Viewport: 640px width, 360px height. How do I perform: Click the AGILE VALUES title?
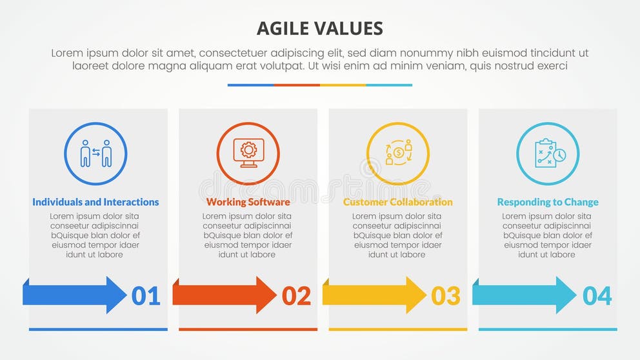(x=319, y=28)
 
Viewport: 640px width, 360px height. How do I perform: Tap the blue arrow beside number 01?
(x=74, y=295)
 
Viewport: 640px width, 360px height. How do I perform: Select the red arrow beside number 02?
(x=224, y=295)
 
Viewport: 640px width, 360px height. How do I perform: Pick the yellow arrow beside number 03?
(x=374, y=295)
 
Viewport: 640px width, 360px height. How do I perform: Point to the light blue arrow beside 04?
(x=524, y=295)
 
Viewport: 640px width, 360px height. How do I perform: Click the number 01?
(x=146, y=296)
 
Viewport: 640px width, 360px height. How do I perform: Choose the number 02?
(x=296, y=296)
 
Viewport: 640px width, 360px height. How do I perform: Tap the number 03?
(x=446, y=296)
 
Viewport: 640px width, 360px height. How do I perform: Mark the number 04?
(x=597, y=296)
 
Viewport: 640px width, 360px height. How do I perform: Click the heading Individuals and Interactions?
(x=95, y=202)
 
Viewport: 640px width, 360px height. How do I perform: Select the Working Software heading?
(x=248, y=202)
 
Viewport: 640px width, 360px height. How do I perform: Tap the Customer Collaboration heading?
(x=397, y=202)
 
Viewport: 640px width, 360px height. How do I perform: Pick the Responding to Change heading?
(x=548, y=202)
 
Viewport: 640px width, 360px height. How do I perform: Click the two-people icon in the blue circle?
(x=95, y=154)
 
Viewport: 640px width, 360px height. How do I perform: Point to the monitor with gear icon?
(x=248, y=154)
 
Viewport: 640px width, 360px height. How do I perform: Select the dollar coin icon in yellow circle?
(x=398, y=153)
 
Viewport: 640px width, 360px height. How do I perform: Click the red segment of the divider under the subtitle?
(x=297, y=85)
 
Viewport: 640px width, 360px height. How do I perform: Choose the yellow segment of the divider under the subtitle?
(x=343, y=85)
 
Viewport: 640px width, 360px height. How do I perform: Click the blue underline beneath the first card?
(x=98, y=329)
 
